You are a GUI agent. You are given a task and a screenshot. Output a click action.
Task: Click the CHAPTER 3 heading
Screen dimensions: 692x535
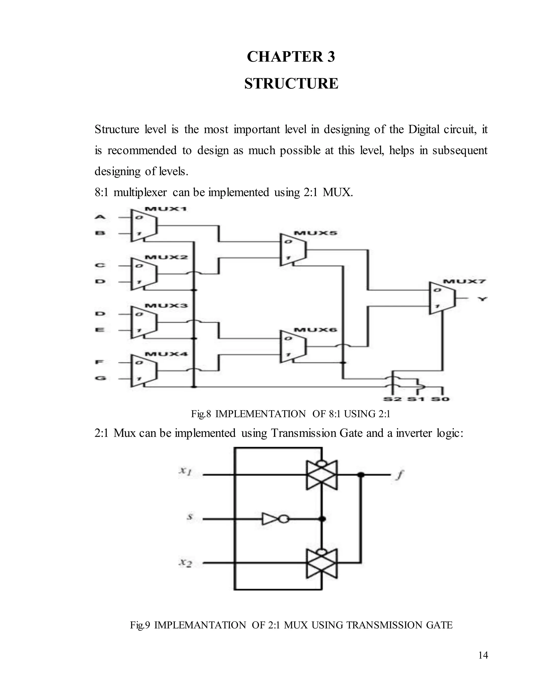click(291, 57)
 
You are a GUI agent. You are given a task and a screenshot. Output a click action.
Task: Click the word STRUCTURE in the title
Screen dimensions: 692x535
click(291, 84)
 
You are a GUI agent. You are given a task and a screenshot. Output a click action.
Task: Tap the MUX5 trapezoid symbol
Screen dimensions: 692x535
click(293, 250)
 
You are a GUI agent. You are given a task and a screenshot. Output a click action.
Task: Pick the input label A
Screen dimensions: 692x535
click(100, 217)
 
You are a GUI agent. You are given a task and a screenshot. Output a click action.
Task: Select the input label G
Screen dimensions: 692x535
click(100, 378)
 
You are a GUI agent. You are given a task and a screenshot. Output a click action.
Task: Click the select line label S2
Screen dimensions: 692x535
click(393, 399)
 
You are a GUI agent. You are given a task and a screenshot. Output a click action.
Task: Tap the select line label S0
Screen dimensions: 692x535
click(440, 399)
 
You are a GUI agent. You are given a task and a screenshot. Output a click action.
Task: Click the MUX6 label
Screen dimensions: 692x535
click(315, 330)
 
